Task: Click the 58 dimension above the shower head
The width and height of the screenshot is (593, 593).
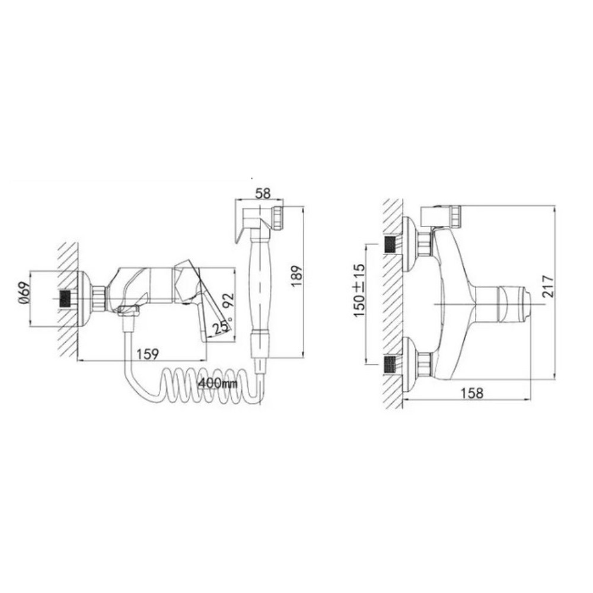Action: (x=263, y=194)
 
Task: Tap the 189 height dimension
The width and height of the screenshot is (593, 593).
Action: (x=297, y=276)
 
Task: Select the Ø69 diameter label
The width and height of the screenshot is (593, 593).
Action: (x=24, y=294)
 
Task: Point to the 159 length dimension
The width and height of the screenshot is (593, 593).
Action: (x=148, y=354)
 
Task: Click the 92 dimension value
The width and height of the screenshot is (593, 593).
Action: (x=229, y=301)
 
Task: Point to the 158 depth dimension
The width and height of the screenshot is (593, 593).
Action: (x=472, y=393)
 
